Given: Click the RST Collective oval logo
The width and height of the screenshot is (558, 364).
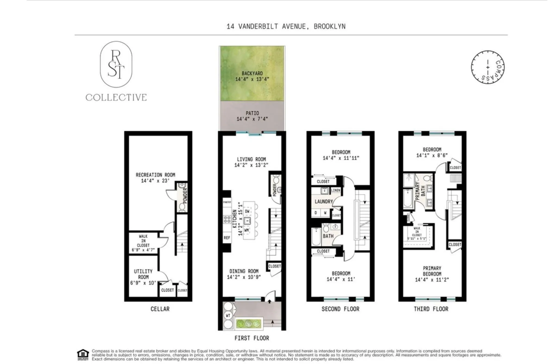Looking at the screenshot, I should coord(116,64).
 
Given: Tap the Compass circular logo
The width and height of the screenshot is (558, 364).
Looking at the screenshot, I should coord(488,67).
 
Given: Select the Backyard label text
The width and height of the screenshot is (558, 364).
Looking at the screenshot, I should coord(252,73).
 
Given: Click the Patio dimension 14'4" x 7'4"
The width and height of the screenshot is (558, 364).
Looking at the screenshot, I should coord(252,119).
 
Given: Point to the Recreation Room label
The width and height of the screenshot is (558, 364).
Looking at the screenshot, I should coord(155,175).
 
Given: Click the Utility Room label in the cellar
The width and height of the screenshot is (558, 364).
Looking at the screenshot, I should coord(143,274).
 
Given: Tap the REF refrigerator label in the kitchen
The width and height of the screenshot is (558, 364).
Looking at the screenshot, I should coord(227,238).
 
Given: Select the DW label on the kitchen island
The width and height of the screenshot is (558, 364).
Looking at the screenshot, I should coord(247,211).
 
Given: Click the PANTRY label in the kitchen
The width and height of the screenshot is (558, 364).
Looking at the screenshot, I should coord(227,202).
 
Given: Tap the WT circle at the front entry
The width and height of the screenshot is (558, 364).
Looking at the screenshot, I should coord(228,315).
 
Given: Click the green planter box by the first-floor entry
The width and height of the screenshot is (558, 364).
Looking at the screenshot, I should coord(249,323).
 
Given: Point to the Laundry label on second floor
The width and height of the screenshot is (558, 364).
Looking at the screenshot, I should coord(324,202).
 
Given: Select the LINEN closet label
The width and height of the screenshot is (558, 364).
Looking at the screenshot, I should coord(336,190).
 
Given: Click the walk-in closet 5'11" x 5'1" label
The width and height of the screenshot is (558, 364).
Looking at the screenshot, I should coord(417,234).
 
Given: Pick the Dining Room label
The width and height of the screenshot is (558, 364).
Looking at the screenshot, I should coord(244,271).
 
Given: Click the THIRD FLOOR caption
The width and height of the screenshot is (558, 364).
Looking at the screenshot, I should coord(431,309).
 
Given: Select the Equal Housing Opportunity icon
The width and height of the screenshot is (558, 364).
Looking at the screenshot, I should coord(83,354).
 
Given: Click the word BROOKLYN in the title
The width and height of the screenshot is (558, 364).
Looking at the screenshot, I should coord(330,26).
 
